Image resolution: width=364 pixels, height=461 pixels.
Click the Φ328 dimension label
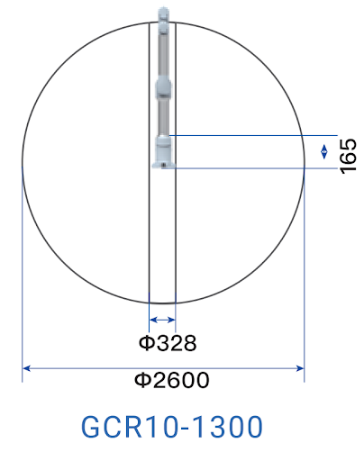pyautogui.click(x=168, y=343)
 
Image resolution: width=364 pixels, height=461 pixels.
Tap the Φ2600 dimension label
pyautogui.click(x=171, y=380)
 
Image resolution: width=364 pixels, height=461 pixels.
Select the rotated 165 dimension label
pyautogui.click(x=348, y=156)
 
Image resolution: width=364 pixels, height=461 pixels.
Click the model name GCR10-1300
pyautogui.click(x=172, y=427)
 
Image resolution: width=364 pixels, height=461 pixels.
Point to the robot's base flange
pyautogui.click(x=163, y=165)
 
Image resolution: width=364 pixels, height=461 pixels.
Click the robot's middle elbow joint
pyautogui.click(x=163, y=87)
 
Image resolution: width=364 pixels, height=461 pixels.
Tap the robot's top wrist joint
pyautogui.click(x=163, y=20)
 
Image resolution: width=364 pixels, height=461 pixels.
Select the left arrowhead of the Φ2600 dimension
pyautogui.click(x=26, y=368)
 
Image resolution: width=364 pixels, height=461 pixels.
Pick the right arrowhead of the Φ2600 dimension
pyautogui.click(x=300, y=368)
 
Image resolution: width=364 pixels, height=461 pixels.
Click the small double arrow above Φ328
pyautogui.click(x=162, y=320)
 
